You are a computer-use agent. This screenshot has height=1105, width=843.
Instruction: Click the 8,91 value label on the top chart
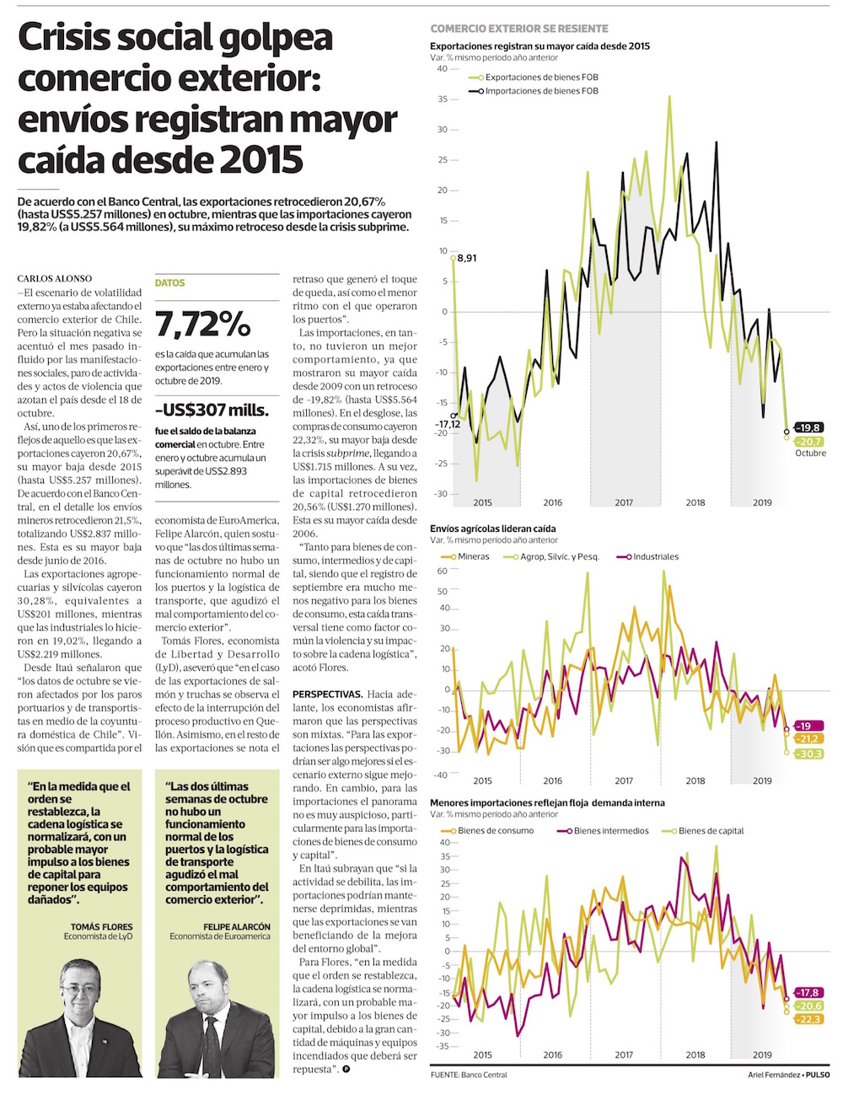point(465,258)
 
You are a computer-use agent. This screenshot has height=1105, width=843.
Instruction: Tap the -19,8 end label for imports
point(810,427)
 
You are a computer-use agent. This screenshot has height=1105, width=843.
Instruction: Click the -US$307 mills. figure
point(212,410)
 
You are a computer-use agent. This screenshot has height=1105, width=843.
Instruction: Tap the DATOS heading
point(169,283)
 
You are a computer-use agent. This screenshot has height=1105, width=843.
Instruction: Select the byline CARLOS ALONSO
point(53,278)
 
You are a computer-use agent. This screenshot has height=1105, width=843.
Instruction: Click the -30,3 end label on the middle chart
point(808,754)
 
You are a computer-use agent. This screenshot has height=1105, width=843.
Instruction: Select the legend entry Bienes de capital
point(711,830)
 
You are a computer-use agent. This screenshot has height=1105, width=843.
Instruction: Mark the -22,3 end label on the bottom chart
point(810,1019)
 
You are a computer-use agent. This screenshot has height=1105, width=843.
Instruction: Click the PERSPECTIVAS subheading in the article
point(327,693)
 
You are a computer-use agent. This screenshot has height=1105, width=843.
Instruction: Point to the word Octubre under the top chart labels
point(810,453)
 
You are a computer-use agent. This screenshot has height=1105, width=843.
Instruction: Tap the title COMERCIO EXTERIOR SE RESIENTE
point(518,29)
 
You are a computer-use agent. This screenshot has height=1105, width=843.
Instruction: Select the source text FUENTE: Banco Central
point(469,1075)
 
